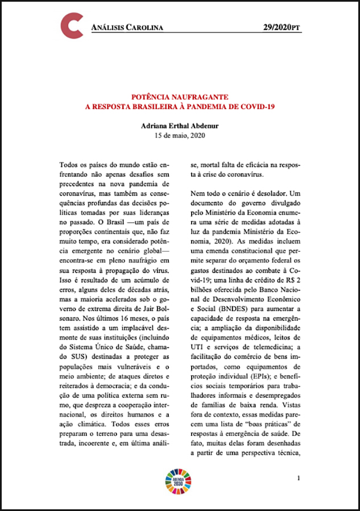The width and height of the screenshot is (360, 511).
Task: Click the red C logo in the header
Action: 72,26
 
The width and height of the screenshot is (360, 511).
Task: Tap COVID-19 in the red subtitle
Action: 259,106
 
